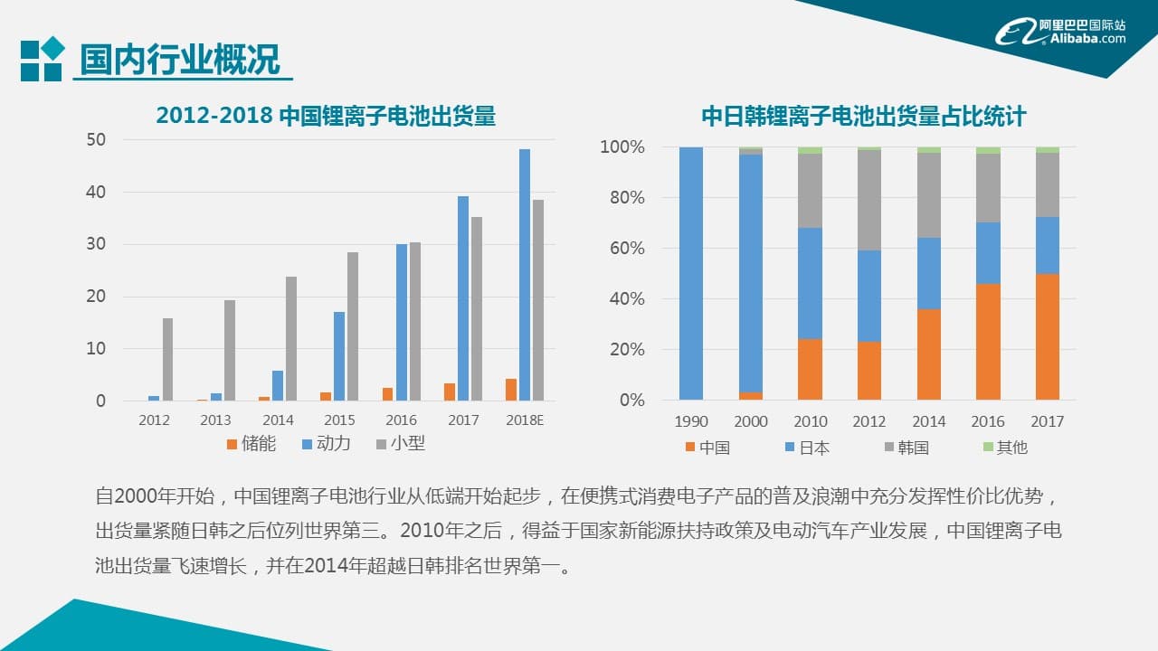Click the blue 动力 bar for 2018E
click(x=525, y=275)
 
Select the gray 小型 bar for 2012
click(x=167, y=359)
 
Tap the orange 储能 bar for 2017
click(x=450, y=392)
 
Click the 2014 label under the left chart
click(x=278, y=420)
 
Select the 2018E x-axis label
click(x=525, y=420)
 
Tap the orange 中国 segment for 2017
click(x=1047, y=336)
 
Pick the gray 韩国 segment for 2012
click(x=869, y=200)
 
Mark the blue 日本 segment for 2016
click(x=988, y=253)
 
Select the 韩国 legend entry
click(x=906, y=448)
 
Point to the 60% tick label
click(x=622, y=249)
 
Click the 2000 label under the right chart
click(x=750, y=421)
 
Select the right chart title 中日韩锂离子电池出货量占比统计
click(x=863, y=117)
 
